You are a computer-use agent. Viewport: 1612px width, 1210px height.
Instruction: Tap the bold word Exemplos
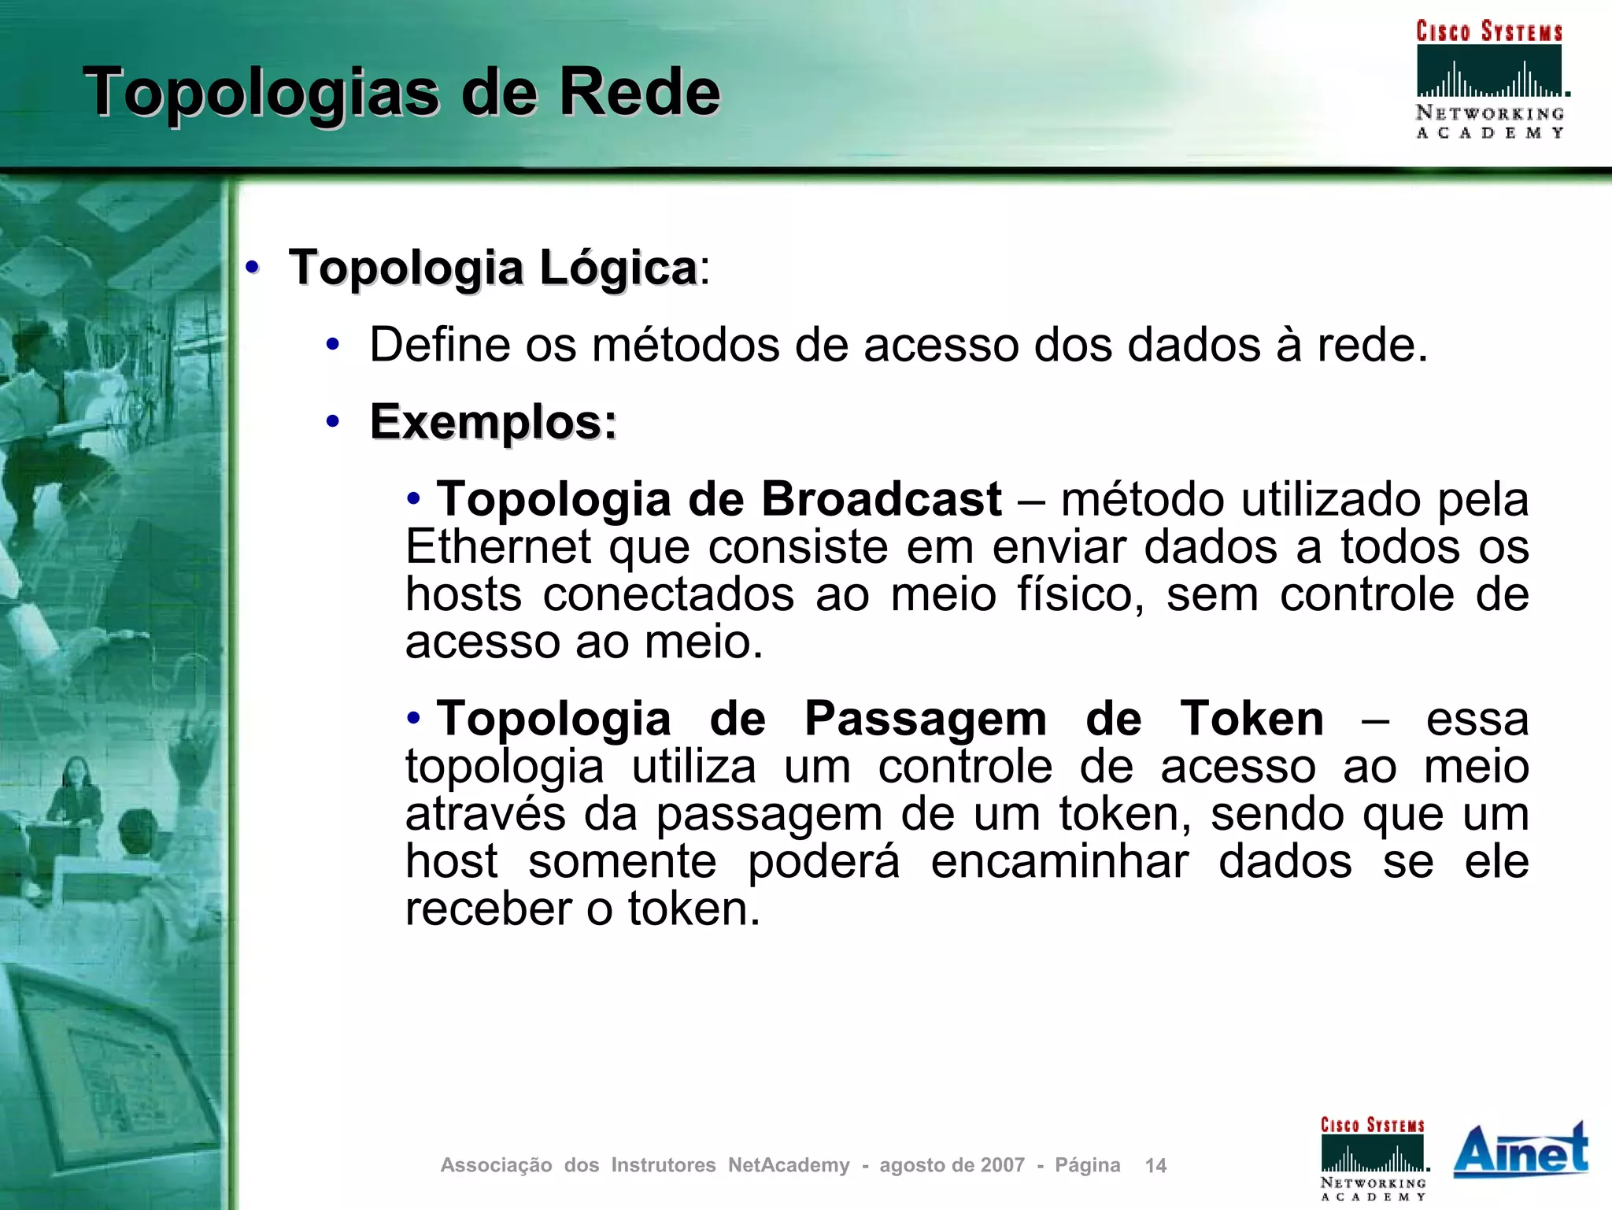(493, 422)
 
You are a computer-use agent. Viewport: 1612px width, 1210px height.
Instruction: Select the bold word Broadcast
(881, 499)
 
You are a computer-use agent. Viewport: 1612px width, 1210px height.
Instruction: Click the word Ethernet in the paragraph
(497, 547)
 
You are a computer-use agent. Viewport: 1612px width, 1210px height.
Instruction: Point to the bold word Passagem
(925, 719)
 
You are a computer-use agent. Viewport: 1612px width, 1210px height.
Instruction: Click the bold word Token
(1252, 719)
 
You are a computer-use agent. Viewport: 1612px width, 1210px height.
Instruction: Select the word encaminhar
(1059, 861)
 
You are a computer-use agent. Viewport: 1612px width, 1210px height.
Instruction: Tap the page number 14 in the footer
(1155, 1166)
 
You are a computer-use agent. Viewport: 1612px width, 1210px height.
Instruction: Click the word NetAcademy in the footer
(789, 1165)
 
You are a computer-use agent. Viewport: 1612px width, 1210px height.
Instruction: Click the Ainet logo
(1520, 1150)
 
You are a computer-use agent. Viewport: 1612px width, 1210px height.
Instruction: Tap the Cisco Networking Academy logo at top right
(1489, 79)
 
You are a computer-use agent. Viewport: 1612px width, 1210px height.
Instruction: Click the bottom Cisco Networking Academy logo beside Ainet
(1374, 1158)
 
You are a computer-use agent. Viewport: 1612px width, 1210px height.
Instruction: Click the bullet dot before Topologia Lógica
(252, 268)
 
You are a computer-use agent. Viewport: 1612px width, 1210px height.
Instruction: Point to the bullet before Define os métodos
(333, 345)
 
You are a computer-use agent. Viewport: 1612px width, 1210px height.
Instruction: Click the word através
(485, 814)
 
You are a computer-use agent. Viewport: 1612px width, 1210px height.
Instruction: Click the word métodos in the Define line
(686, 345)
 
